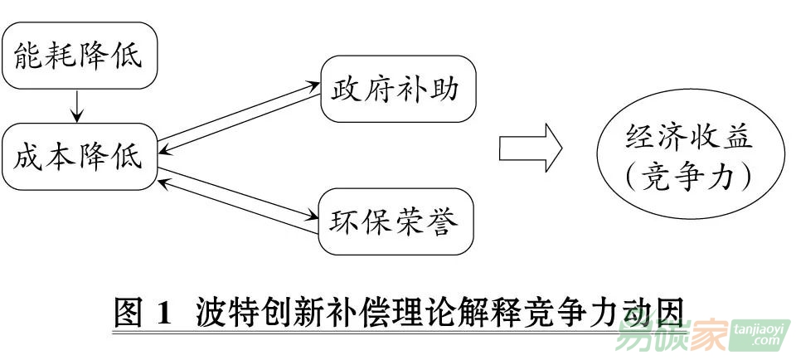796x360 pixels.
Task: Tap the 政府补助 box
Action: [398, 89]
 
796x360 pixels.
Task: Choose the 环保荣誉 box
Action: [398, 221]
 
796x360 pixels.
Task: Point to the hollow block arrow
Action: [531, 149]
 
